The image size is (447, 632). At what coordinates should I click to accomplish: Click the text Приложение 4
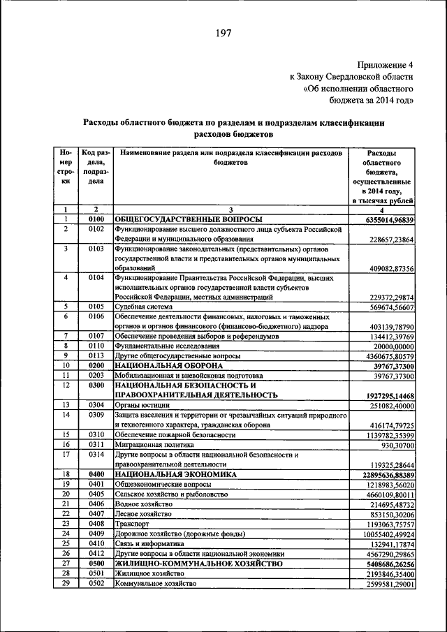[382, 64]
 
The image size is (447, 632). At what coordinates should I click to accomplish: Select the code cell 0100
[96, 219]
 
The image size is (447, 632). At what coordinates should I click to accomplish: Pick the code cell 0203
[96, 375]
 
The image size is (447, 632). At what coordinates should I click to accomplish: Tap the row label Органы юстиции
[143, 405]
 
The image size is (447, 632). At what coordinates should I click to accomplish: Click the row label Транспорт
[133, 523]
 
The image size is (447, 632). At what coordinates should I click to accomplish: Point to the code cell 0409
[96, 533]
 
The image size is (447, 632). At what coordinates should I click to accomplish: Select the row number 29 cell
[65, 582]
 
